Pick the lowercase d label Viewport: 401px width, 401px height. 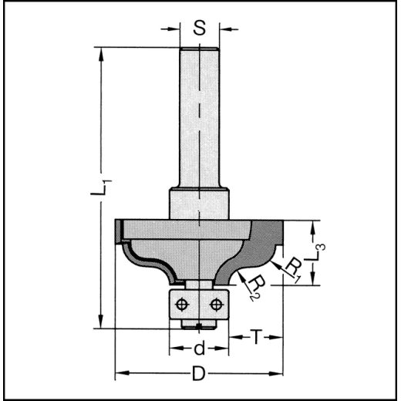(x=199, y=349)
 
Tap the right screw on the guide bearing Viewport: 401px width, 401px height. (x=216, y=304)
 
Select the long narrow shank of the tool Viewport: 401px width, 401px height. (x=199, y=116)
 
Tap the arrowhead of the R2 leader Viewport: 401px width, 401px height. (x=241, y=274)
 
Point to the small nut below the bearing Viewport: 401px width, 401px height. (x=198, y=323)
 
